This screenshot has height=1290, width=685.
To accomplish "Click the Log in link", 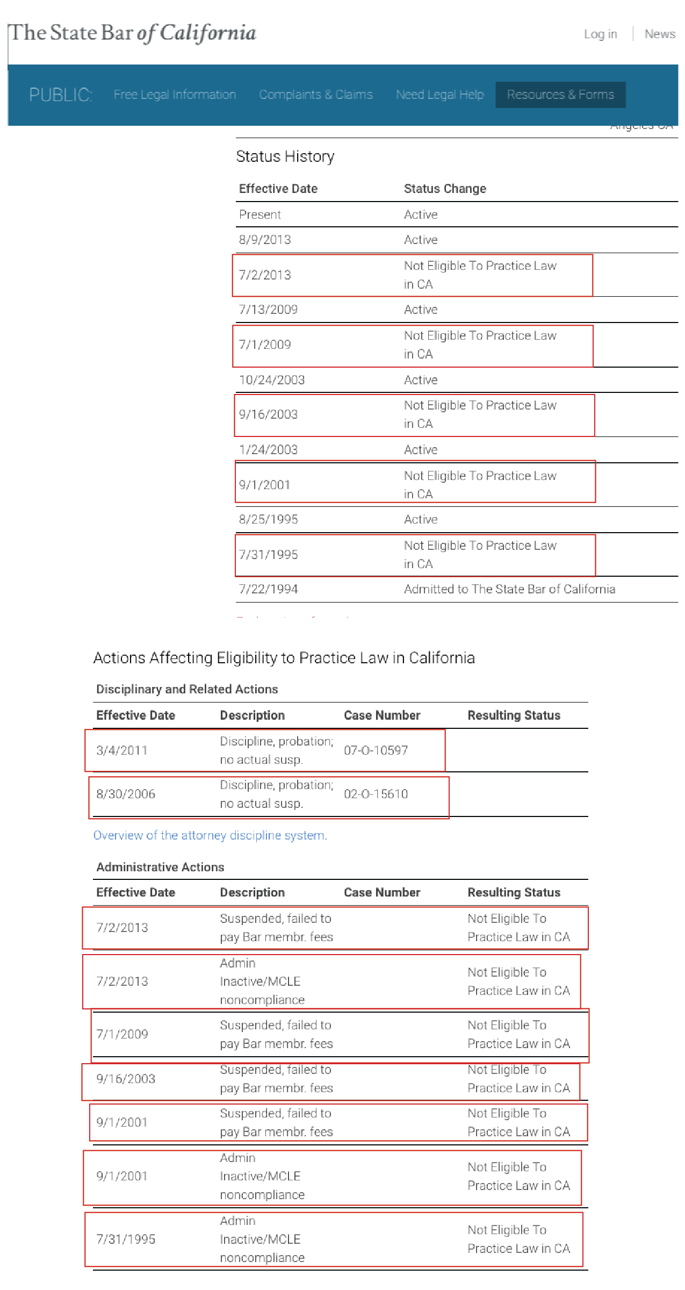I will tap(600, 34).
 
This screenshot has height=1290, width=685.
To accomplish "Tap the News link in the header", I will tap(660, 34).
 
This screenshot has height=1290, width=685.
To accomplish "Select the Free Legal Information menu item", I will tap(175, 95).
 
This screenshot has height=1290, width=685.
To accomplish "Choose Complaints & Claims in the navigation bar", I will tap(315, 95).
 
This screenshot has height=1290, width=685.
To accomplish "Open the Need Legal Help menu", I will tap(439, 95).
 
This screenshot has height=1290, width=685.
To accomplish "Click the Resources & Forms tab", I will tap(560, 95).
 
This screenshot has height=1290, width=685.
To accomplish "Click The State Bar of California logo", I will tap(133, 33).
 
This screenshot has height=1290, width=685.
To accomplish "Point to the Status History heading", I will tap(285, 156).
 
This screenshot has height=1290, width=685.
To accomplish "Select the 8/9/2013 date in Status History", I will tap(265, 240).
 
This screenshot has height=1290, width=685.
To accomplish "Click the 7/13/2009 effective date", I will tap(268, 310).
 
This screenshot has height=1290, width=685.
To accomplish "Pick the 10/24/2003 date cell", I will tap(272, 380).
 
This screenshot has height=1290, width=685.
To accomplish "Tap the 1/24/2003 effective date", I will tap(268, 450).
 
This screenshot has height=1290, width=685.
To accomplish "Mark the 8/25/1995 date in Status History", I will tap(268, 519).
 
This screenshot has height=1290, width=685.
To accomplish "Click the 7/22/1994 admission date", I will tap(268, 589).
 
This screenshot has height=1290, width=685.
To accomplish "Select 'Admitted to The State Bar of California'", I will tap(509, 589).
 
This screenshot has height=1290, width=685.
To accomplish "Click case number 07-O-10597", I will tap(376, 750).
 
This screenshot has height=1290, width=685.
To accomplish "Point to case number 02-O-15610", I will tap(376, 794).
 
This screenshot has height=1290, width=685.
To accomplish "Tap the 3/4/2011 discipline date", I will tap(122, 750).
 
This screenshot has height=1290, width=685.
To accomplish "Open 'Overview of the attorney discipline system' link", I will tap(210, 835).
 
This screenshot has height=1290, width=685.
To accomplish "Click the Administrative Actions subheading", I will tap(160, 867).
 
